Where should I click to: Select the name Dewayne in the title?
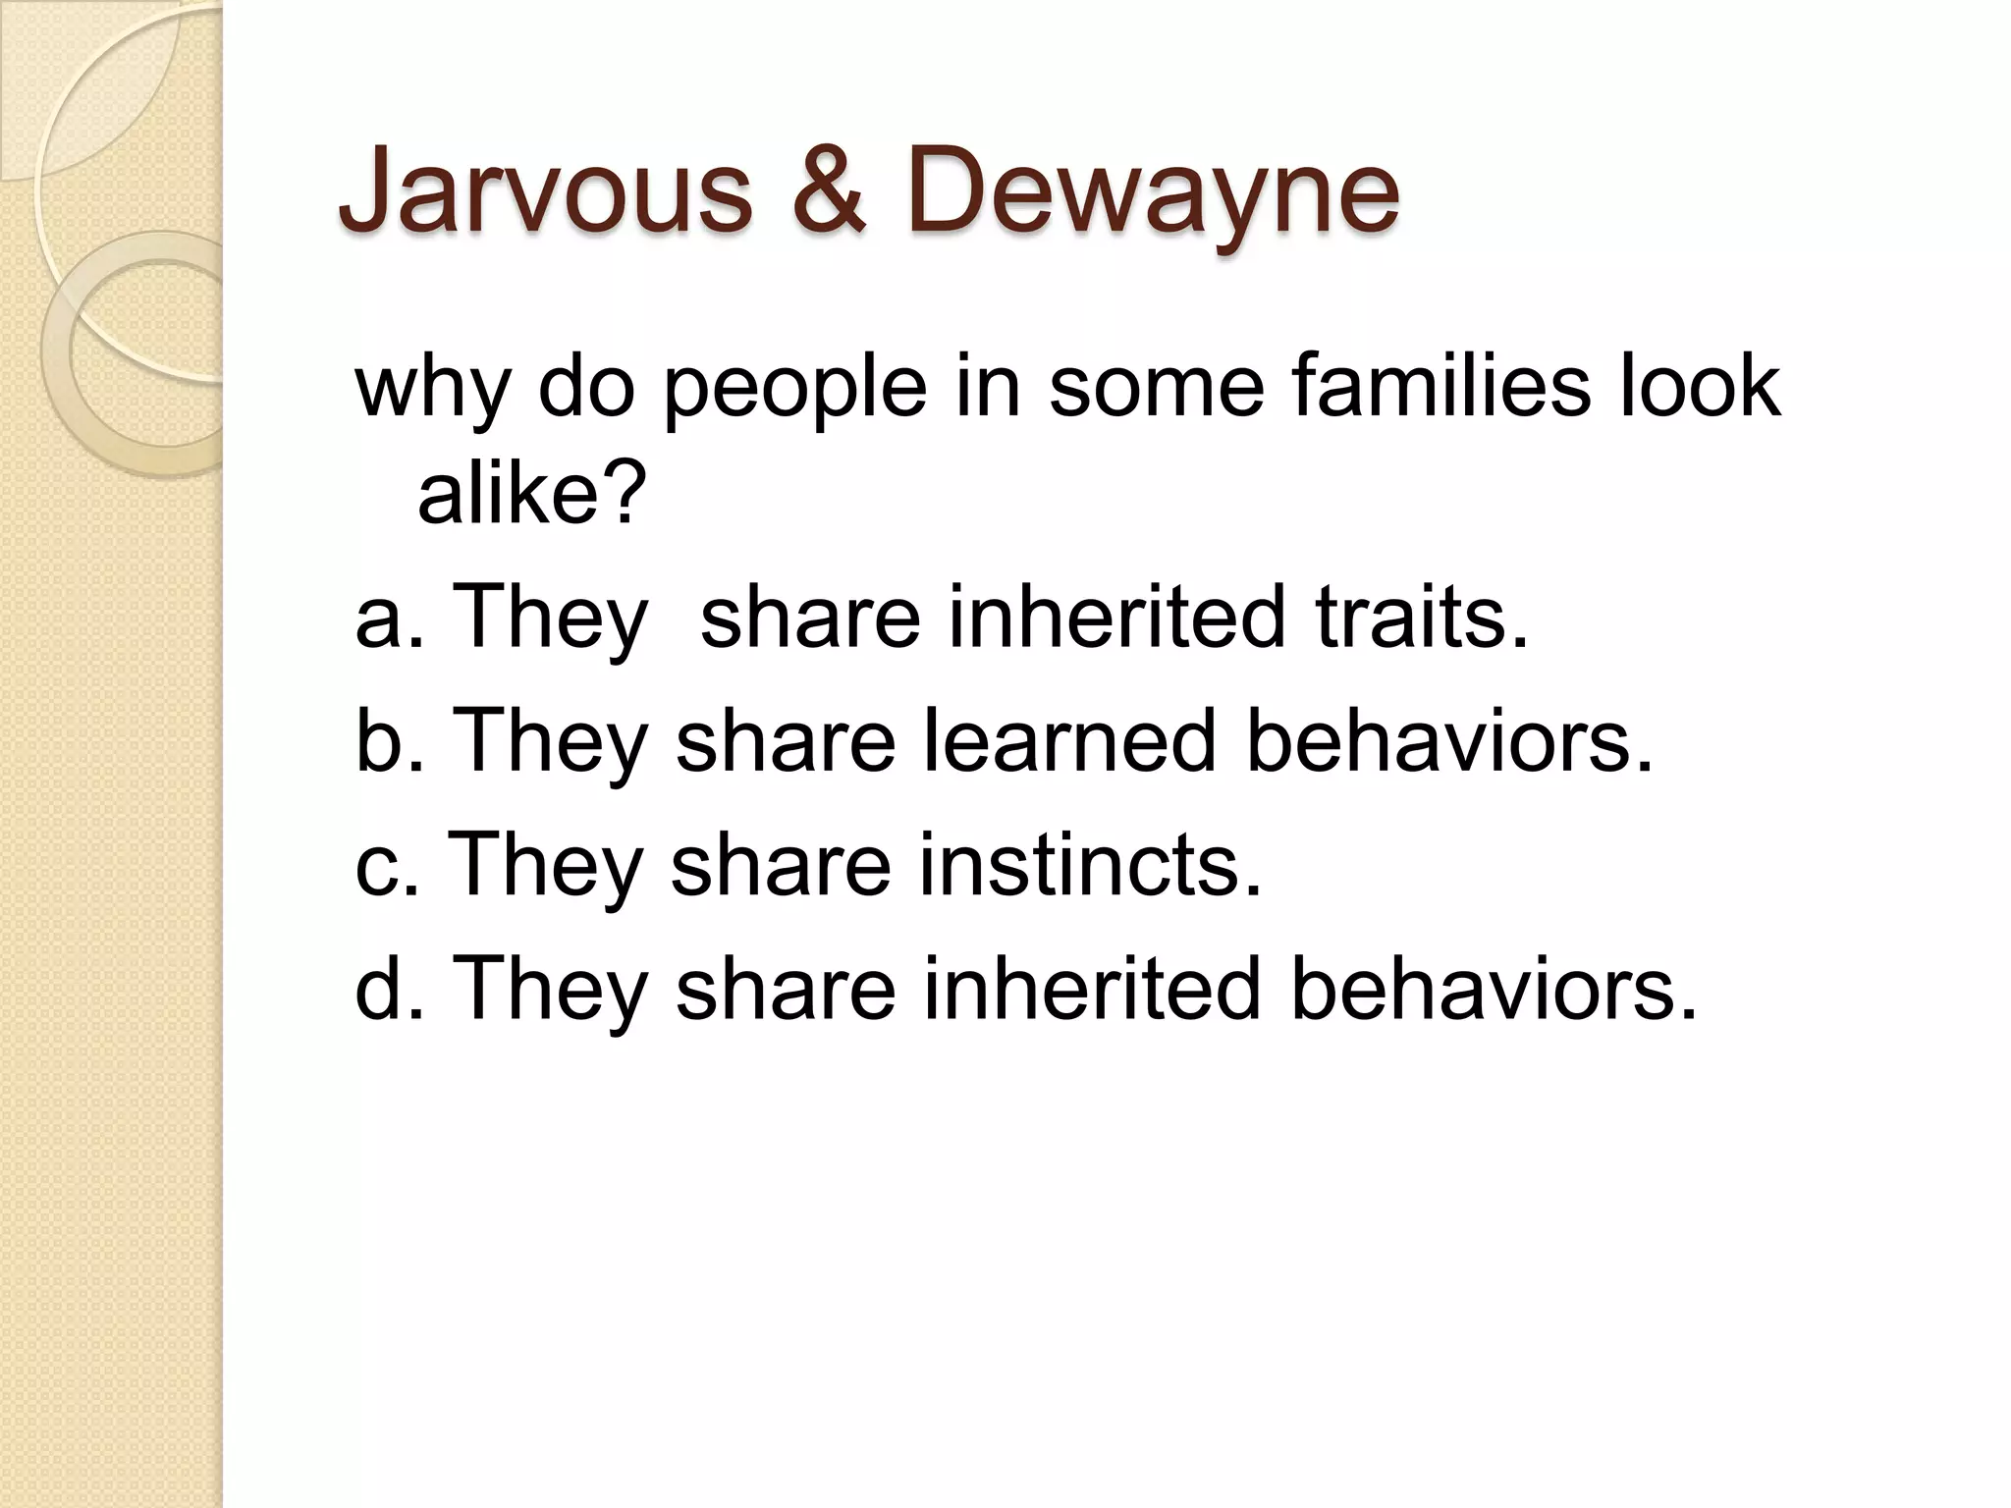click(x=1152, y=192)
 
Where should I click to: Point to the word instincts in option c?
click(x=1090, y=864)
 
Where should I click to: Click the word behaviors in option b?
click(x=1449, y=740)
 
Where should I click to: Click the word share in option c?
click(x=780, y=864)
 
